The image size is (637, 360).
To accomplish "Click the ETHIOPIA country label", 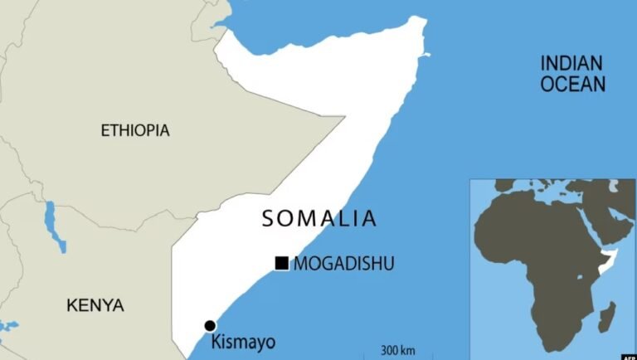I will [135, 130].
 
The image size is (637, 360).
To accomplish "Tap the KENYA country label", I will [95, 305].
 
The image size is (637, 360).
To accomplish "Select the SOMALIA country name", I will [319, 219].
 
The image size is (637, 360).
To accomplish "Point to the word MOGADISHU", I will [344, 264].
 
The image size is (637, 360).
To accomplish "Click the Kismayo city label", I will [243, 342].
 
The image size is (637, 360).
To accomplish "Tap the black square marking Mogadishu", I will [282, 264].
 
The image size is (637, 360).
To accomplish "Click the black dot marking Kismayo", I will [210, 326].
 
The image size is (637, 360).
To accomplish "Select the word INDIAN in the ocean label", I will [572, 63].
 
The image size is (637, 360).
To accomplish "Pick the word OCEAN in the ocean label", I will [572, 84].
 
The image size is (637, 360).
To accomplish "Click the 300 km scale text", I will [398, 349].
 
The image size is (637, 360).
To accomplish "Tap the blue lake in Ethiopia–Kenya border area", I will [53, 224].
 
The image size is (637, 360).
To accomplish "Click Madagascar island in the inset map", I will [608, 318].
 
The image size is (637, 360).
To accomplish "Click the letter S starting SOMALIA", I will [268, 219].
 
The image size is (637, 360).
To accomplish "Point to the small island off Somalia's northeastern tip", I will [429, 56].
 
